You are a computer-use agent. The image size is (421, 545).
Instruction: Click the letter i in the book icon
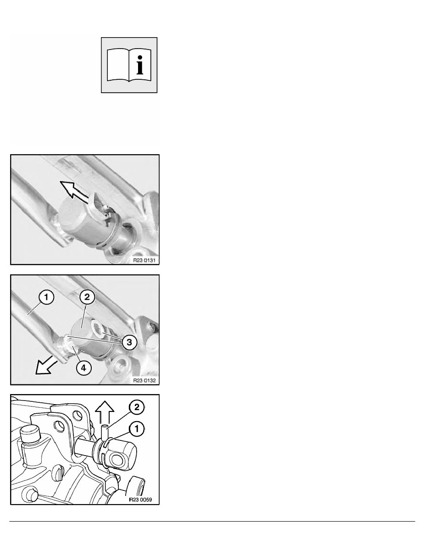click(x=140, y=62)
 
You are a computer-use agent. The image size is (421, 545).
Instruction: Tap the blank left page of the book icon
click(x=117, y=65)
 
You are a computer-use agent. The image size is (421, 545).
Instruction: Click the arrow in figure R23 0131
click(x=77, y=191)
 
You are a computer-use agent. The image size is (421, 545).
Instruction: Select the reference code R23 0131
click(x=144, y=260)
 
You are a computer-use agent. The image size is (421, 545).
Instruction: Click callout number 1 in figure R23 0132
click(x=46, y=298)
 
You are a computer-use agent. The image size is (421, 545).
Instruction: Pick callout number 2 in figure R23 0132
click(x=87, y=297)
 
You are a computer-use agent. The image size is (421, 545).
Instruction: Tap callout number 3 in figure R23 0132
click(x=129, y=342)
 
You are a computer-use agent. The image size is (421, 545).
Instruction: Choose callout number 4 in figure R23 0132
click(x=84, y=367)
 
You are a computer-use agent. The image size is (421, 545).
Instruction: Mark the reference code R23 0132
click(x=144, y=381)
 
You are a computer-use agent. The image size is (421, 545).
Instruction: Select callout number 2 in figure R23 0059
click(x=137, y=407)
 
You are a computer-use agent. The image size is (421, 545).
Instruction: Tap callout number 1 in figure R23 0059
click(x=137, y=429)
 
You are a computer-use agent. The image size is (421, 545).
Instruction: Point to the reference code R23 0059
click(x=140, y=500)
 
